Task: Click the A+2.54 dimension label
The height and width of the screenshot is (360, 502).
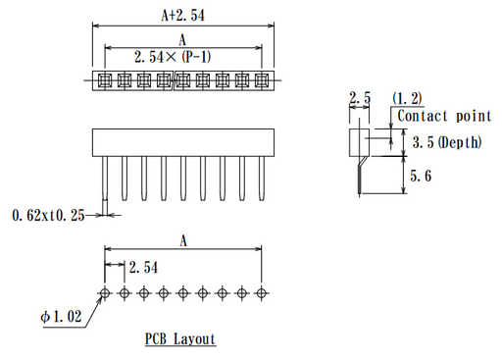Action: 182,16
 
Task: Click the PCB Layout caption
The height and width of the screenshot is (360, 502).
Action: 180,339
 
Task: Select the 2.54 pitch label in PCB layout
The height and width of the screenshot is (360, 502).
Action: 143,267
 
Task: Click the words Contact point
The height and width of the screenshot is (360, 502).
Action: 443,117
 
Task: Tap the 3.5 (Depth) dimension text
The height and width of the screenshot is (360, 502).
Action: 447,142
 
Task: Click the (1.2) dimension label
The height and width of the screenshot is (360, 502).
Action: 406,98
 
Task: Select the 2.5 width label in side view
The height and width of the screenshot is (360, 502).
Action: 360,98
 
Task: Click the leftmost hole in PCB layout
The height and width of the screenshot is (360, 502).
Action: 105,292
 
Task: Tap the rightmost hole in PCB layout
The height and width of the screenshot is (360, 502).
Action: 262,292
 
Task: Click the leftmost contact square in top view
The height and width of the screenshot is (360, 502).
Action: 101,79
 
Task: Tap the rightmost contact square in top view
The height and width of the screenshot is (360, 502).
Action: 262,79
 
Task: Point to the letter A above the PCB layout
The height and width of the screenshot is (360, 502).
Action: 182,239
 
